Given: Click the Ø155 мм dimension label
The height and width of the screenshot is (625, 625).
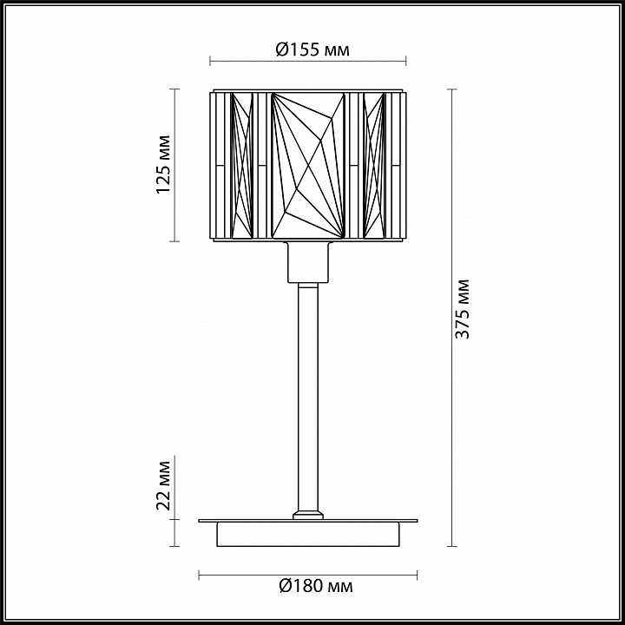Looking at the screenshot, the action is [x=312, y=49].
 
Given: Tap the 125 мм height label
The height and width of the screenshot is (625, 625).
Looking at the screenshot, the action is [x=163, y=165].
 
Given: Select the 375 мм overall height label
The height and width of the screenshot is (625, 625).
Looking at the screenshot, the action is [x=463, y=309].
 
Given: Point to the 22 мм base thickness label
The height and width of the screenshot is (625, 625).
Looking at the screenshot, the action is [x=163, y=485].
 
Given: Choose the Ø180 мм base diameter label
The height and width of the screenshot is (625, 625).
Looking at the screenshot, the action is [x=316, y=586].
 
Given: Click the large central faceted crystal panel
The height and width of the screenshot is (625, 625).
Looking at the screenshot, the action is [x=307, y=166].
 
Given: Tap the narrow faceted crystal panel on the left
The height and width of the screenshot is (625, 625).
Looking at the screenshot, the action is [x=242, y=166].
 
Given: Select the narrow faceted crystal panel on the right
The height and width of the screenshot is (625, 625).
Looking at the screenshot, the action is [x=374, y=166].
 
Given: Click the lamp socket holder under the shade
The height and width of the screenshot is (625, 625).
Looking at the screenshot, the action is [x=308, y=262].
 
